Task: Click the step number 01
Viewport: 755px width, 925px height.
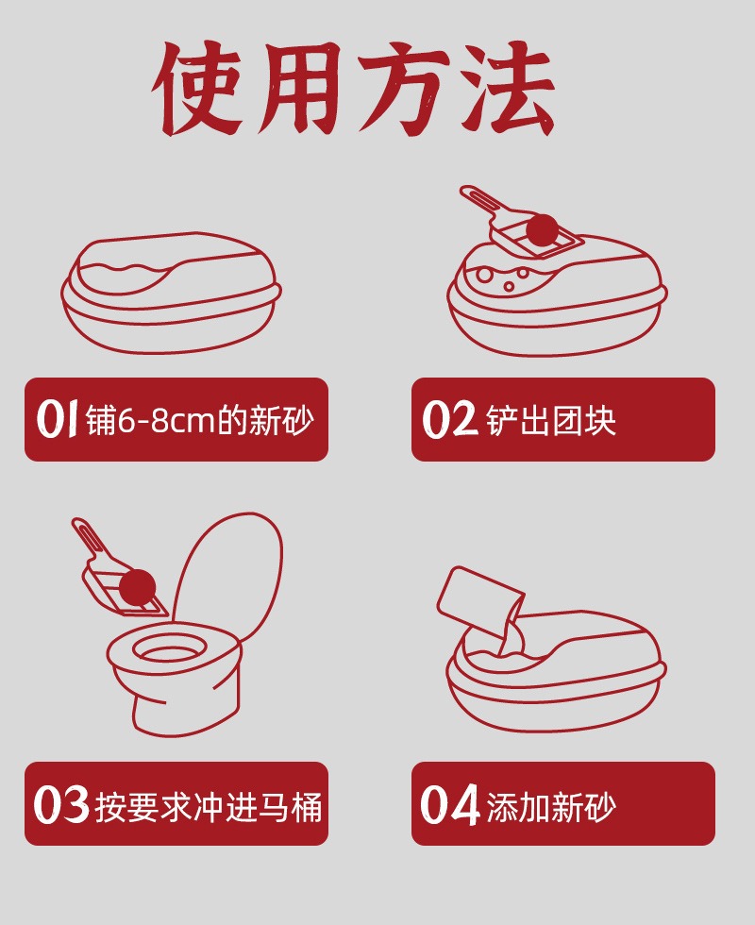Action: coord(57,419)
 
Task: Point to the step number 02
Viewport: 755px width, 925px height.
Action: coord(449,419)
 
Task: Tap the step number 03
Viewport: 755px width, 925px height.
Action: coord(61,804)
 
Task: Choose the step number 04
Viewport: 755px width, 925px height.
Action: coord(449,804)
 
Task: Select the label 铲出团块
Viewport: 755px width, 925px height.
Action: coord(551,421)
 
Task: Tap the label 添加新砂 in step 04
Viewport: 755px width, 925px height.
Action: coord(551,806)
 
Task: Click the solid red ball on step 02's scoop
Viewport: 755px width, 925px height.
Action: coord(542,230)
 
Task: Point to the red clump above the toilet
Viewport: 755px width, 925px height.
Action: coord(138,587)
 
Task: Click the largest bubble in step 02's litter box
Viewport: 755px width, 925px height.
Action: coord(485,275)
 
